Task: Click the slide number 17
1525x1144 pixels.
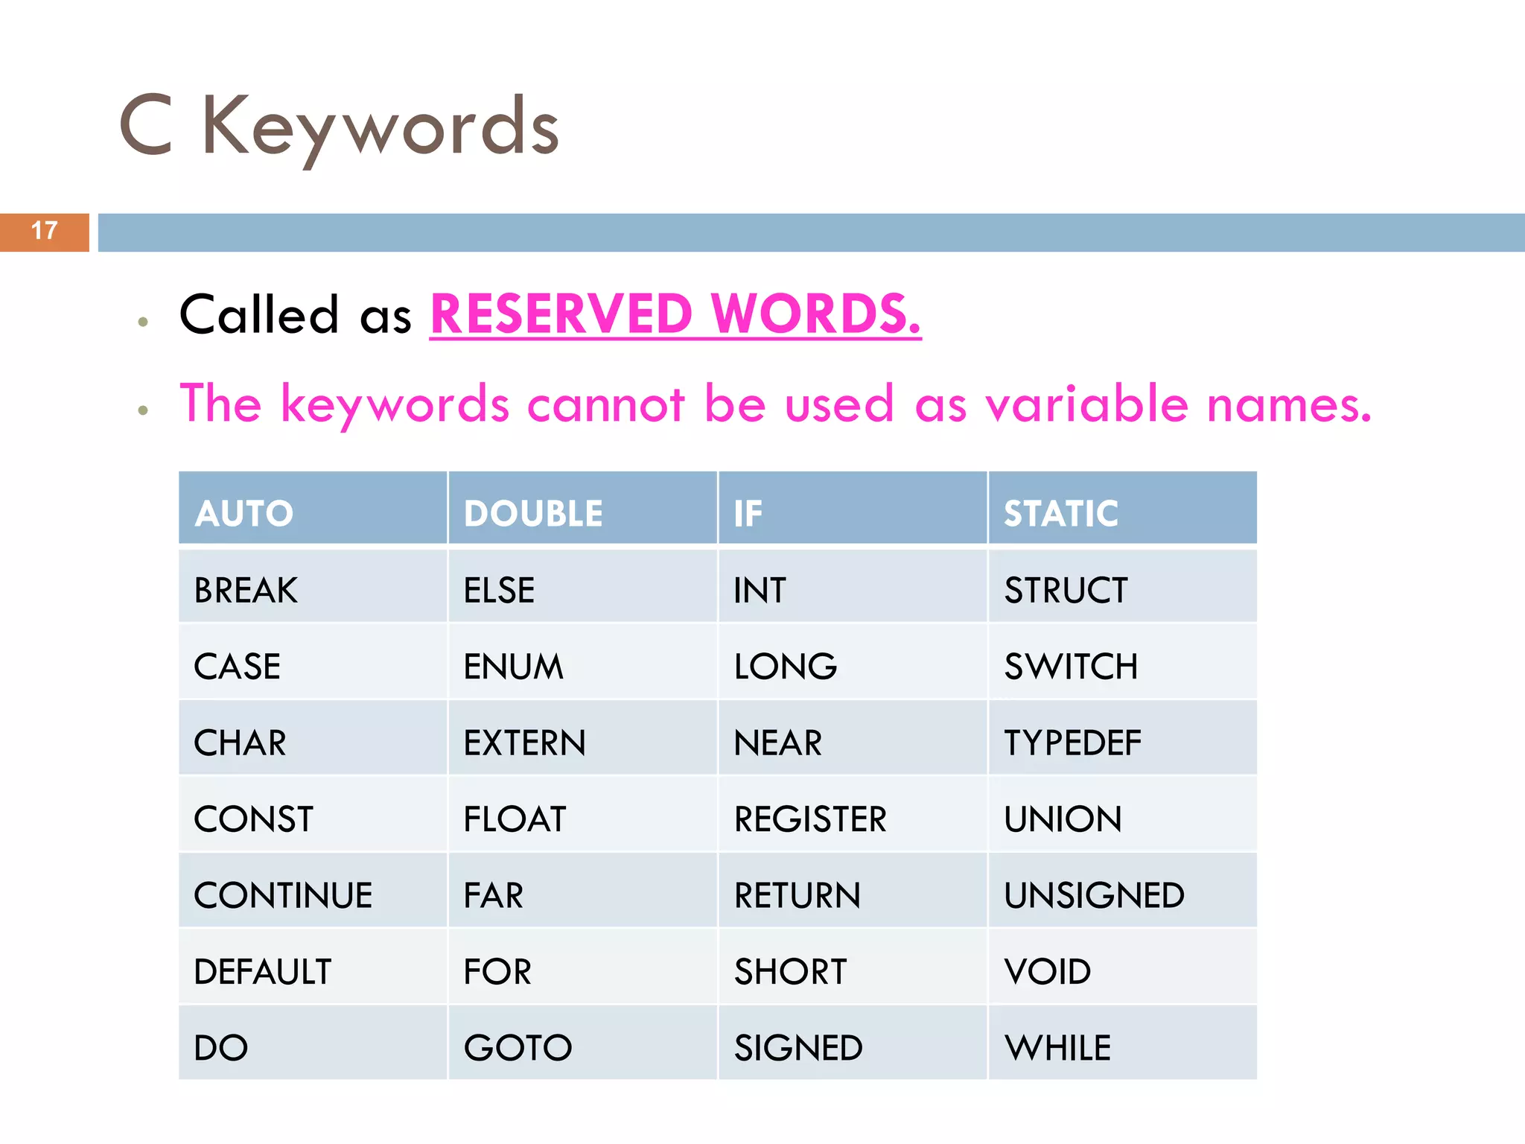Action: [x=45, y=231]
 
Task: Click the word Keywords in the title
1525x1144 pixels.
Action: [x=380, y=127]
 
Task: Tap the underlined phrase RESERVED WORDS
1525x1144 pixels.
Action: [x=675, y=314]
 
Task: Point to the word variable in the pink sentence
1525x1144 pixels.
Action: [x=1087, y=404]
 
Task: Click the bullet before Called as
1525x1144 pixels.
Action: [x=143, y=322]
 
